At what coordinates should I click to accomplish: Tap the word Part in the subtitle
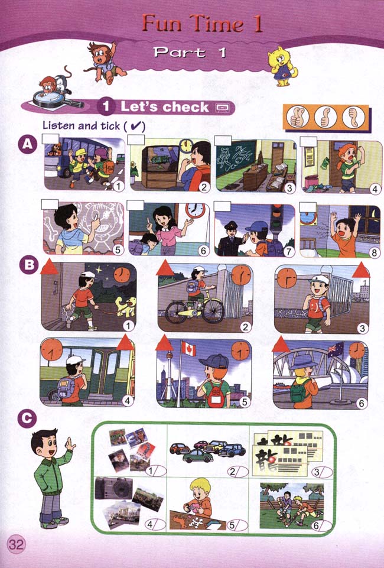click(180, 53)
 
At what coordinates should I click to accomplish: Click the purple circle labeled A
click(28, 145)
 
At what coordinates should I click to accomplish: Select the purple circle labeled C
click(27, 419)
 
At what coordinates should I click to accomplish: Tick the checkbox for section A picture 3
click(223, 141)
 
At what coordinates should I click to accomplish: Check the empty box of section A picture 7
click(222, 206)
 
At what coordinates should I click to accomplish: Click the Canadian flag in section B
click(188, 349)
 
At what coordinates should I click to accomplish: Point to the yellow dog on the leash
click(125, 306)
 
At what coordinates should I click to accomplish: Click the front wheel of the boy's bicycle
click(213, 310)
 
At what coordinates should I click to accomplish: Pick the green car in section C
click(197, 456)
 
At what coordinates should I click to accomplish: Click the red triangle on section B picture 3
click(361, 270)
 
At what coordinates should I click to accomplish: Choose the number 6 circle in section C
click(317, 525)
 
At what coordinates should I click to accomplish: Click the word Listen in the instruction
click(58, 125)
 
